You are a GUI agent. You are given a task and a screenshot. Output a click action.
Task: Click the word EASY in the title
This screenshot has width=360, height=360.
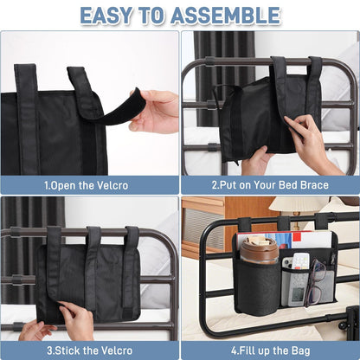point(106,15)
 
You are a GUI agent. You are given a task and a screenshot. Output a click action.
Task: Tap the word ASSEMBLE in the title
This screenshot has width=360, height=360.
point(225,15)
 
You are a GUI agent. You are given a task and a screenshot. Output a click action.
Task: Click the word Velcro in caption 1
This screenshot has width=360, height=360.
point(111,185)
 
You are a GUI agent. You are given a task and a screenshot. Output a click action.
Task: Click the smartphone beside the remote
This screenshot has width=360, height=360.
point(287,263)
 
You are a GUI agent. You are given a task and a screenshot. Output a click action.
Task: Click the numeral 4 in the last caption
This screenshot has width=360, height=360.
point(234,350)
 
